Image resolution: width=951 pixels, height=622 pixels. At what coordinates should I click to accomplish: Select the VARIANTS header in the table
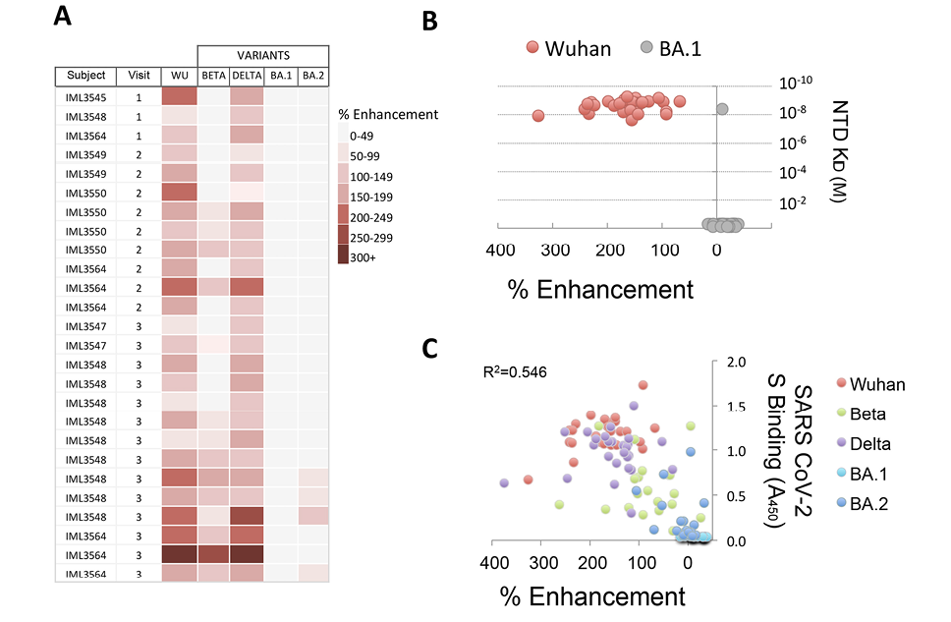(x=262, y=55)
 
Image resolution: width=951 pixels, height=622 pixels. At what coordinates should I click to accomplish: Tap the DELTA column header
(x=247, y=76)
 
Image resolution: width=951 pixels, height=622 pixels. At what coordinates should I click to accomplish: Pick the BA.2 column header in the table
(x=312, y=76)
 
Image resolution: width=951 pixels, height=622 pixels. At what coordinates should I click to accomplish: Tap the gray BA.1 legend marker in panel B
(x=644, y=46)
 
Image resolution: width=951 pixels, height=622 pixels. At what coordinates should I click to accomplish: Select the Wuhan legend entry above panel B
(x=564, y=46)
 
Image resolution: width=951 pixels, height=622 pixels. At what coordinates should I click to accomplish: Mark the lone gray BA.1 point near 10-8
(x=722, y=108)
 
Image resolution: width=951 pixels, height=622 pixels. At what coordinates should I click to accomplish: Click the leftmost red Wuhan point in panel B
(x=537, y=115)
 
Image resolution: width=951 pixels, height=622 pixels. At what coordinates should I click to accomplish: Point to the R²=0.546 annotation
(x=516, y=373)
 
